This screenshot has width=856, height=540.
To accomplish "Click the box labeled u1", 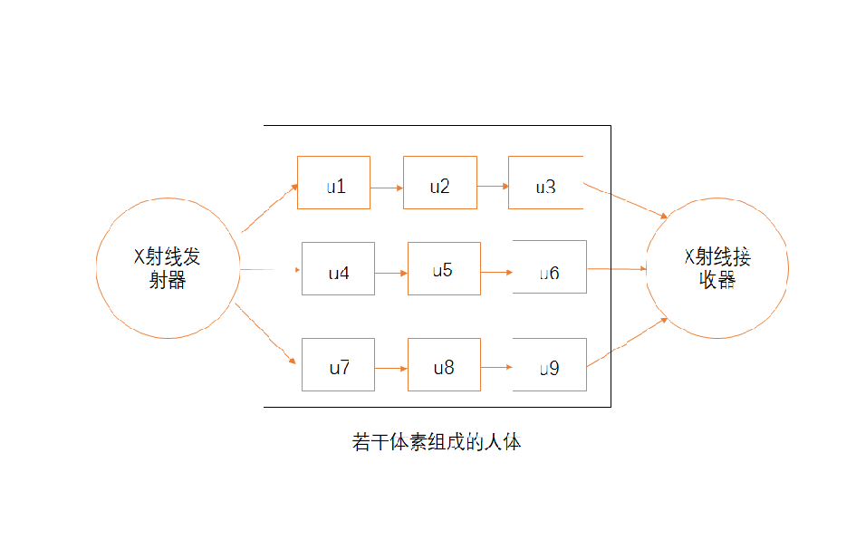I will click(333, 183).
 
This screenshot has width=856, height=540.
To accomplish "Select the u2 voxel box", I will click(439, 183).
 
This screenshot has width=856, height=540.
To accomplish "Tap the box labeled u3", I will click(545, 183).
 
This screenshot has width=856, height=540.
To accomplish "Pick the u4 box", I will click(338, 269).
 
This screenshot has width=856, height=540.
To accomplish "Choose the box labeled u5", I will click(444, 269).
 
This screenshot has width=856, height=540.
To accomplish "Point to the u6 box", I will click(550, 267).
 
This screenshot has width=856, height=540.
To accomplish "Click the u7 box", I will click(338, 365).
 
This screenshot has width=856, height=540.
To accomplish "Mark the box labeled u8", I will click(444, 365).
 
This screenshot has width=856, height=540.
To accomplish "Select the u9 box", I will click(550, 365).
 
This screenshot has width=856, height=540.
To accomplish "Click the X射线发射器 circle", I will click(168, 268).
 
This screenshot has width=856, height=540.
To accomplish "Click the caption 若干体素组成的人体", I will click(437, 443).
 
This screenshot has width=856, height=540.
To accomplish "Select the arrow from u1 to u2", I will click(387, 188).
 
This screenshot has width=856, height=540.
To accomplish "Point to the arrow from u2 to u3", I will click(493, 188).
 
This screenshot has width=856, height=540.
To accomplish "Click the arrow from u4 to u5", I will click(391, 272).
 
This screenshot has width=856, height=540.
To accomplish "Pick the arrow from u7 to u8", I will click(391, 369).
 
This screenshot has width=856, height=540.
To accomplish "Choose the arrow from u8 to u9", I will click(497, 368).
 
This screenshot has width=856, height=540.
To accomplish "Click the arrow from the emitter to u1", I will click(270, 208).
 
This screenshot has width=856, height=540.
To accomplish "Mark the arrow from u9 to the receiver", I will click(628, 342).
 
